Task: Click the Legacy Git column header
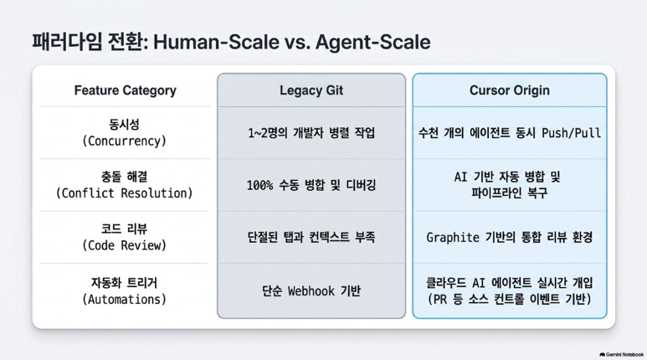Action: tap(311, 90)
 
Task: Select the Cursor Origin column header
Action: tap(510, 90)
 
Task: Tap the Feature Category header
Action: tap(125, 90)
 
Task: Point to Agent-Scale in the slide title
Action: tap(373, 42)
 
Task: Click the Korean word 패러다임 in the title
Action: tap(67, 42)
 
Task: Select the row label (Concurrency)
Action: tap(124, 141)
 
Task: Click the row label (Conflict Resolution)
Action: tap(124, 193)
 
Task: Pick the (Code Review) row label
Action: tap(124, 245)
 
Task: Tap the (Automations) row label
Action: tap(124, 299)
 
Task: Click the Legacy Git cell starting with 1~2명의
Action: tap(311, 133)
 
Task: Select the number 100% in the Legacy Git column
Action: tap(260, 185)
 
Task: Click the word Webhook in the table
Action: tap(311, 291)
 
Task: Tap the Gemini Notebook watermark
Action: tap(621, 355)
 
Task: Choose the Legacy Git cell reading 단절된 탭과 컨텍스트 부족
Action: tap(311, 237)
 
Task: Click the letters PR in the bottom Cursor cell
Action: tap(440, 299)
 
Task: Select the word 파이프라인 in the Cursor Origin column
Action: tap(490, 193)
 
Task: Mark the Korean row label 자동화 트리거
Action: tap(124, 283)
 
